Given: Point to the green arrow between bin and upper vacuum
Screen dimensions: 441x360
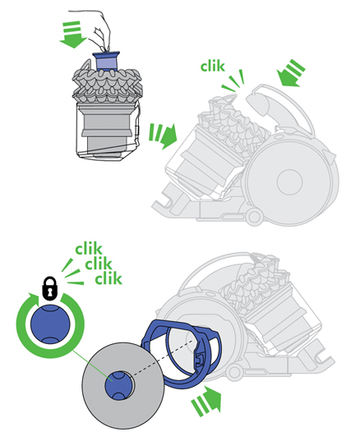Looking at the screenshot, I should pos(162,136).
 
